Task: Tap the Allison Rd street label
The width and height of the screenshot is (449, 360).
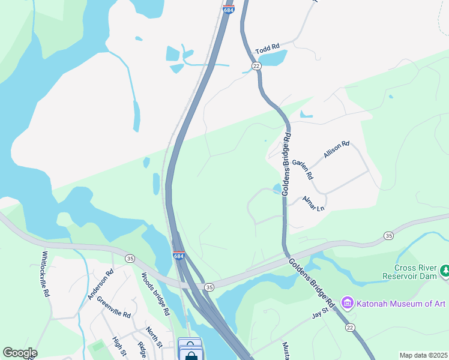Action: click(336, 149)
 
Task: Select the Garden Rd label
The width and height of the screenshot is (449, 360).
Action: click(303, 170)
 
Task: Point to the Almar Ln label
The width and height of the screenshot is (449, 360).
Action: click(313, 203)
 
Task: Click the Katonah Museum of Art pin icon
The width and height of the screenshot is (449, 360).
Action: click(347, 304)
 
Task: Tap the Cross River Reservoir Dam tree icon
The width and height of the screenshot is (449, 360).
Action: click(445, 272)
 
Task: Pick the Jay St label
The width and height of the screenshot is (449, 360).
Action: click(321, 313)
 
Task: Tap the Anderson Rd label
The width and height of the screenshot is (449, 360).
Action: click(100, 284)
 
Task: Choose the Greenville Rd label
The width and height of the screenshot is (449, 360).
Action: click(113, 308)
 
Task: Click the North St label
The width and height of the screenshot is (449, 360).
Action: click(154, 337)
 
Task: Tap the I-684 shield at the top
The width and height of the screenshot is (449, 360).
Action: click(228, 10)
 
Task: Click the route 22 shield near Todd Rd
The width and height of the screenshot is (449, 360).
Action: click(256, 67)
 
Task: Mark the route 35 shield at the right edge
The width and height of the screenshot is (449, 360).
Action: click(389, 236)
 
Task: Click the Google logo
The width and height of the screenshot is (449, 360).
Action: click(20, 353)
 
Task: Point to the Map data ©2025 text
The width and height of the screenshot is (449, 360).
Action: click(423, 355)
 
